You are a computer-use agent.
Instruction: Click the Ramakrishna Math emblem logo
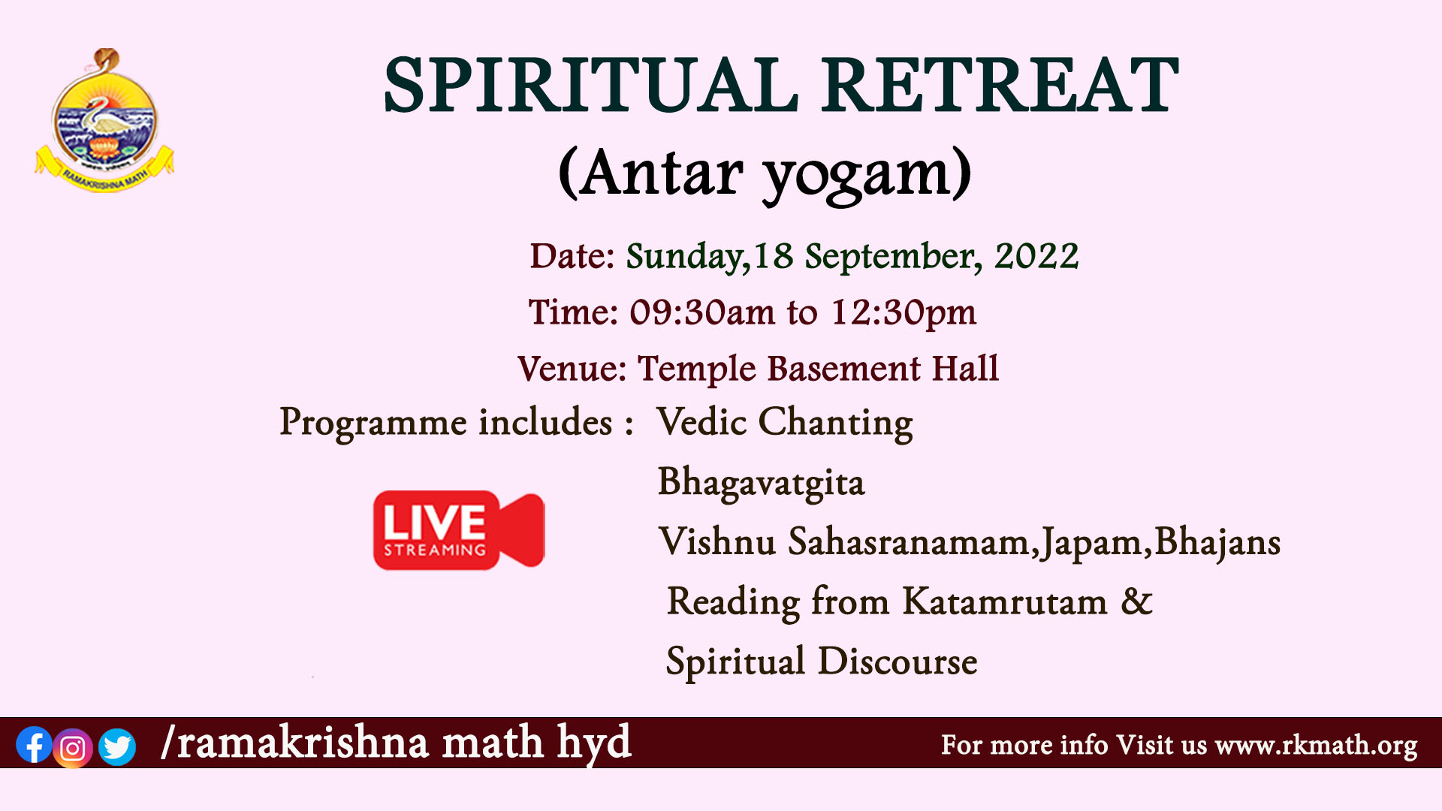(x=104, y=120)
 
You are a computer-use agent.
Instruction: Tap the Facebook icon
(x=34, y=746)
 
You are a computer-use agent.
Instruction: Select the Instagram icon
(x=73, y=748)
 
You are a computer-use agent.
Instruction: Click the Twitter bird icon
(x=117, y=746)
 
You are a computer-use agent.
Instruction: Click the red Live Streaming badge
(x=459, y=530)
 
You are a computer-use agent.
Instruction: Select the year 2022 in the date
(x=1036, y=256)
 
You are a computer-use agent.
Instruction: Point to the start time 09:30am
(x=692, y=312)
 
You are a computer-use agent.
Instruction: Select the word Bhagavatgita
(x=762, y=484)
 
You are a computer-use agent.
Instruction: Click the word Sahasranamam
(x=909, y=541)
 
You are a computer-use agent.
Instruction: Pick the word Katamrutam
(x=1005, y=601)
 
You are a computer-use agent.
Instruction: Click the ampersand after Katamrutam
(x=1136, y=601)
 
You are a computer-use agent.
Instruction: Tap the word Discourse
(x=897, y=662)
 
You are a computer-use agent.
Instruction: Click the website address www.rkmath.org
(x=1316, y=746)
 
